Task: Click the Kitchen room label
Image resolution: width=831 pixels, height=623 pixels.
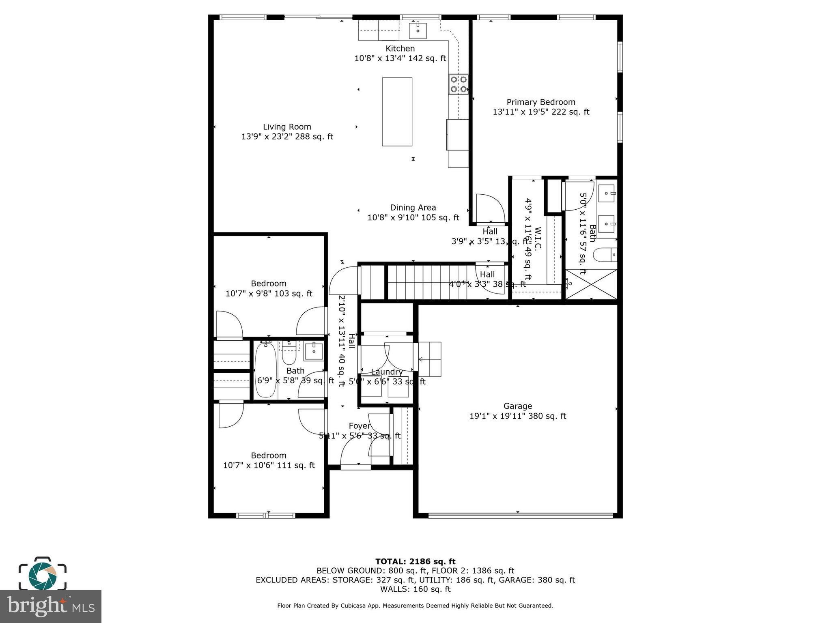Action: [400, 49]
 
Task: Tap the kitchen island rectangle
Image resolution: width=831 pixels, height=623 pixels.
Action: [397, 112]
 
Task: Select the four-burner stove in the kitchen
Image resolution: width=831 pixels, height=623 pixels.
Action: [458, 84]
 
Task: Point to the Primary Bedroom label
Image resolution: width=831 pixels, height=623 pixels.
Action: [540, 102]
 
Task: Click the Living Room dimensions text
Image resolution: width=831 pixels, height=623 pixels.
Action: [287, 137]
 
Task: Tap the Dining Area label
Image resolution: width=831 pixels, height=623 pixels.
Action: [413, 208]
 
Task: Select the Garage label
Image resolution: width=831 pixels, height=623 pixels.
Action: [517, 406]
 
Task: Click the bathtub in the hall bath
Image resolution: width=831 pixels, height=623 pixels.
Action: [266, 370]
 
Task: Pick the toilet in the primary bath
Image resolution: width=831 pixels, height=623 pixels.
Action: [605, 255]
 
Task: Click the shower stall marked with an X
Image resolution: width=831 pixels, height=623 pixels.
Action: [591, 284]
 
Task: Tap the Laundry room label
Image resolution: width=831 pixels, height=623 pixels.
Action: [386, 372]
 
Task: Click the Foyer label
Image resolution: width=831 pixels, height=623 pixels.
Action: [359, 426]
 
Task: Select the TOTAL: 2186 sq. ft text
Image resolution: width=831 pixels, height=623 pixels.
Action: [415, 561]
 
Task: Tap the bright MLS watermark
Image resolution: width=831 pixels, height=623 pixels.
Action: [50, 606]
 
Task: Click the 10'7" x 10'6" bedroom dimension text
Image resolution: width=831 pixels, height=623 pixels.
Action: [269, 465]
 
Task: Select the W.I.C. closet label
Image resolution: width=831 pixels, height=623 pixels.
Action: [538, 239]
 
